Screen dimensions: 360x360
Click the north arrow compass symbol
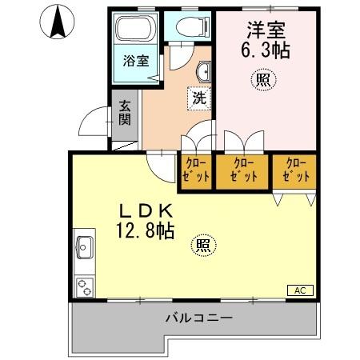(x=57, y=22)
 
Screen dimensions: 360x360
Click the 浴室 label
(x=135, y=61)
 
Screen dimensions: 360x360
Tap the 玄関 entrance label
(x=126, y=113)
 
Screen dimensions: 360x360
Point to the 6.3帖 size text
(x=266, y=50)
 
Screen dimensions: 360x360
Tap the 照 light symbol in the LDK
(x=204, y=246)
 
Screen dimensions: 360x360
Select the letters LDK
(x=146, y=212)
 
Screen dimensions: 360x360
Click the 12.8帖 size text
(x=146, y=231)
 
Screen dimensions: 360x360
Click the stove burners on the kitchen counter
(x=84, y=285)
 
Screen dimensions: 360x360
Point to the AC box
(x=300, y=290)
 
